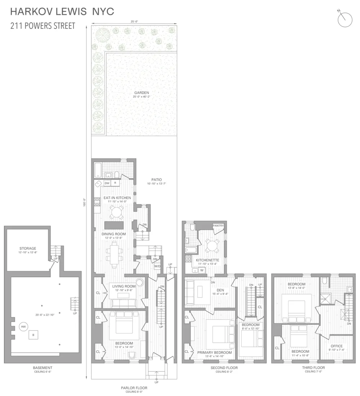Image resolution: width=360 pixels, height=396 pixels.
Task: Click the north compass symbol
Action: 345,20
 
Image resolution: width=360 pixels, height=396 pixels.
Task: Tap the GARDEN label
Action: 141,93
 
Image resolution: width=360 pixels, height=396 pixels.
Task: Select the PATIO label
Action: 157,180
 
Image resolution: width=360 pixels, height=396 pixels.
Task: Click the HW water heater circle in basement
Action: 23,327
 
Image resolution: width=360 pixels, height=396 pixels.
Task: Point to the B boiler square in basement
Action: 33,335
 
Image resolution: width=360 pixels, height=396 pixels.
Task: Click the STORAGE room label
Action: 28,248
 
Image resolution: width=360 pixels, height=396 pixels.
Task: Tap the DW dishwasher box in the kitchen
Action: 107,183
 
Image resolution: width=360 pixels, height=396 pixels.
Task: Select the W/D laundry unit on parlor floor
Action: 157,266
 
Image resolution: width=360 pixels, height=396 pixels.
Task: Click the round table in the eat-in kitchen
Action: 117,212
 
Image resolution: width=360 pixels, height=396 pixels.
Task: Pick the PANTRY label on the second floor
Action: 218,225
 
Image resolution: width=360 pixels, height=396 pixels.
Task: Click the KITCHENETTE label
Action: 207,260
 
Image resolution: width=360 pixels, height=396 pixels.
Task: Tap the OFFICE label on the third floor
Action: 337,346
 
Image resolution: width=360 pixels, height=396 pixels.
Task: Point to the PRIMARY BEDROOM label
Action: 215,352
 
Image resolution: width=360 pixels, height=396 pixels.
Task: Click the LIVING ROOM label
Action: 124,287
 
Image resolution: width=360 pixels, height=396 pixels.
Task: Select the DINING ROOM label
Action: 114,234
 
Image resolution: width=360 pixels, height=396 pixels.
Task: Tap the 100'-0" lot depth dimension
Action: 85,202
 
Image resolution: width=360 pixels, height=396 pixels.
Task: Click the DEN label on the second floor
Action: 220,290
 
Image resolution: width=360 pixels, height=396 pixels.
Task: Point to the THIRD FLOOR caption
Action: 314,368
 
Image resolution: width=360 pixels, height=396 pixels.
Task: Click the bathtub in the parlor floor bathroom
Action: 98,170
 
